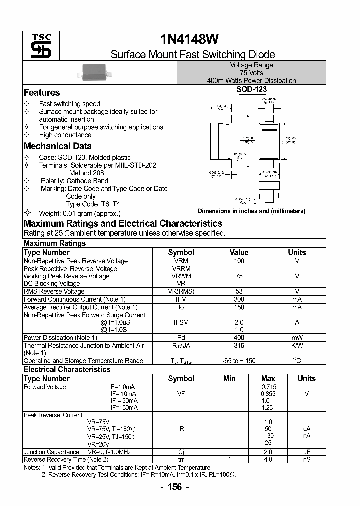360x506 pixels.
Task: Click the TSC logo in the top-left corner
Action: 38,46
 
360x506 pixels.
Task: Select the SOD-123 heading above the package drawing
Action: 251,90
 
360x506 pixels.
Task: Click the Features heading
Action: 42,93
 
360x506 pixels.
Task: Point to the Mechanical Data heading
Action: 58,146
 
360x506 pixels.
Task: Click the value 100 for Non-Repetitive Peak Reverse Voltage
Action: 239,261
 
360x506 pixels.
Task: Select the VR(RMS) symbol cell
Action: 181,291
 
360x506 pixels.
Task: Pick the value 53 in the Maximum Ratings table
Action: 239,291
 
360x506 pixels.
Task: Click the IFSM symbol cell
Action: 181,323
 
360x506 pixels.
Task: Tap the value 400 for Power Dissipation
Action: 239,338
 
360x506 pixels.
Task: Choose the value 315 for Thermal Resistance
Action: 239,345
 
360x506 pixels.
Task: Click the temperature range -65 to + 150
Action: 239,361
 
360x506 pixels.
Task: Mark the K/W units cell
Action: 297,345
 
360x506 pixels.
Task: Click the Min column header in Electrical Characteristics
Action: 229,379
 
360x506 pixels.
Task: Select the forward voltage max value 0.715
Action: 268,387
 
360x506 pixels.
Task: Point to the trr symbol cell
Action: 181,459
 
